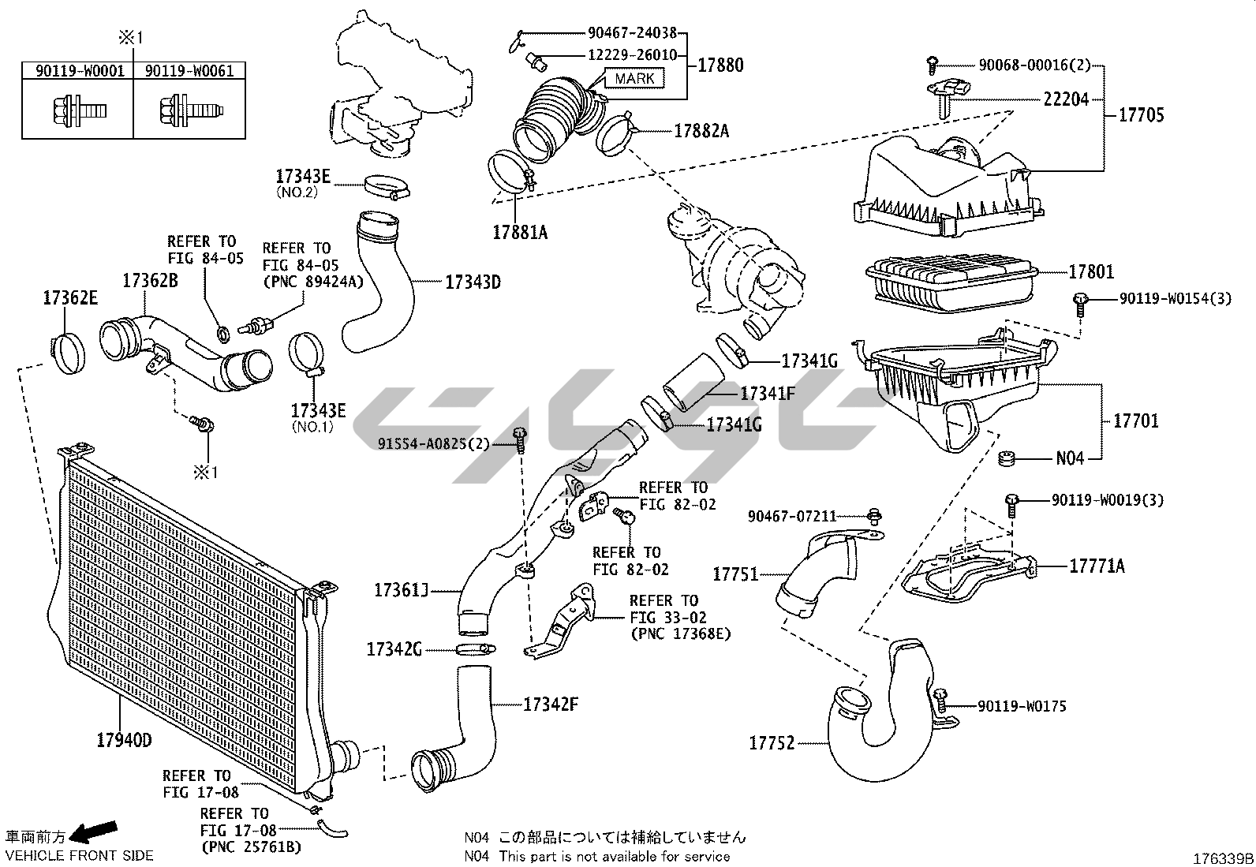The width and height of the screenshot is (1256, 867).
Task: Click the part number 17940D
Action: coord(124,740)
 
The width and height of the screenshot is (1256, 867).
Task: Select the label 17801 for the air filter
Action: coord(1091,272)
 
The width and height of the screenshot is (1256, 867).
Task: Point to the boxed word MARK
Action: coord(634,78)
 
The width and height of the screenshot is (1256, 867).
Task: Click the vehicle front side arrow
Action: coord(93,832)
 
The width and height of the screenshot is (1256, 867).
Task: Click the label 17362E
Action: coord(70,298)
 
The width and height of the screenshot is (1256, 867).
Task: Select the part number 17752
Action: coord(772,743)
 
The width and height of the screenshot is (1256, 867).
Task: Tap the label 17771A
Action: coord(1097,566)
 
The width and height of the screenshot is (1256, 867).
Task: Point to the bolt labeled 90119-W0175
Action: coord(940,697)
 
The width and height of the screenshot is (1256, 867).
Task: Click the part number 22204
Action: coord(1066,99)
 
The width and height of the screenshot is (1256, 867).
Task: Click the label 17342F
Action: coord(551,704)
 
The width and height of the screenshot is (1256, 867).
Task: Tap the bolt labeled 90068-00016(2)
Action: coord(933,62)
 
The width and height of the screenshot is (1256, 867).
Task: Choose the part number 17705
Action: coord(1141,115)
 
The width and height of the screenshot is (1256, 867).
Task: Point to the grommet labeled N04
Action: coord(1006,458)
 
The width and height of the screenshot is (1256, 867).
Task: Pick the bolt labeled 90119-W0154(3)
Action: coord(1080,300)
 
